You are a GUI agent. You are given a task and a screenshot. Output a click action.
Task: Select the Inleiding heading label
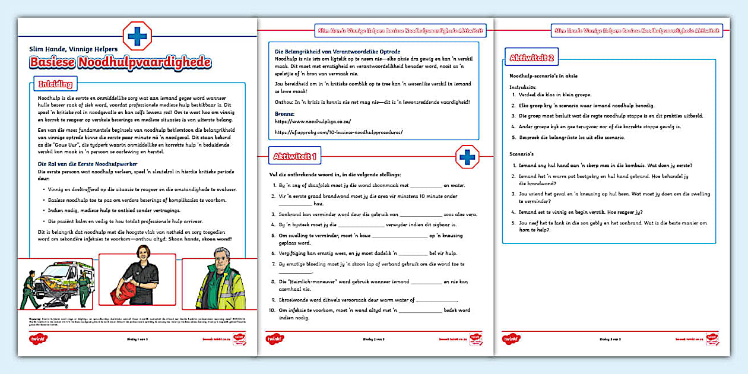click(x=55, y=84)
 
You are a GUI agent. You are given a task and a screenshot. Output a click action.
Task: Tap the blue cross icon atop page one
click(x=137, y=37)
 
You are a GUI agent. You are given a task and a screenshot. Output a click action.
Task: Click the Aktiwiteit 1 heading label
click(x=295, y=156)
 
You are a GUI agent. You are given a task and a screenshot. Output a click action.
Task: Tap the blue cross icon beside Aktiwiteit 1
click(x=467, y=157)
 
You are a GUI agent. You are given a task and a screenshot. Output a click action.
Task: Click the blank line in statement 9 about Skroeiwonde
click(x=436, y=300)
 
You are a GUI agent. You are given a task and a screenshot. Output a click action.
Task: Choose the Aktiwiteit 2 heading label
click(x=531, y=57)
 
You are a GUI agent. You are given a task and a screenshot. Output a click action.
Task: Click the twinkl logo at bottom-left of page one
click(x=38, y=339)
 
